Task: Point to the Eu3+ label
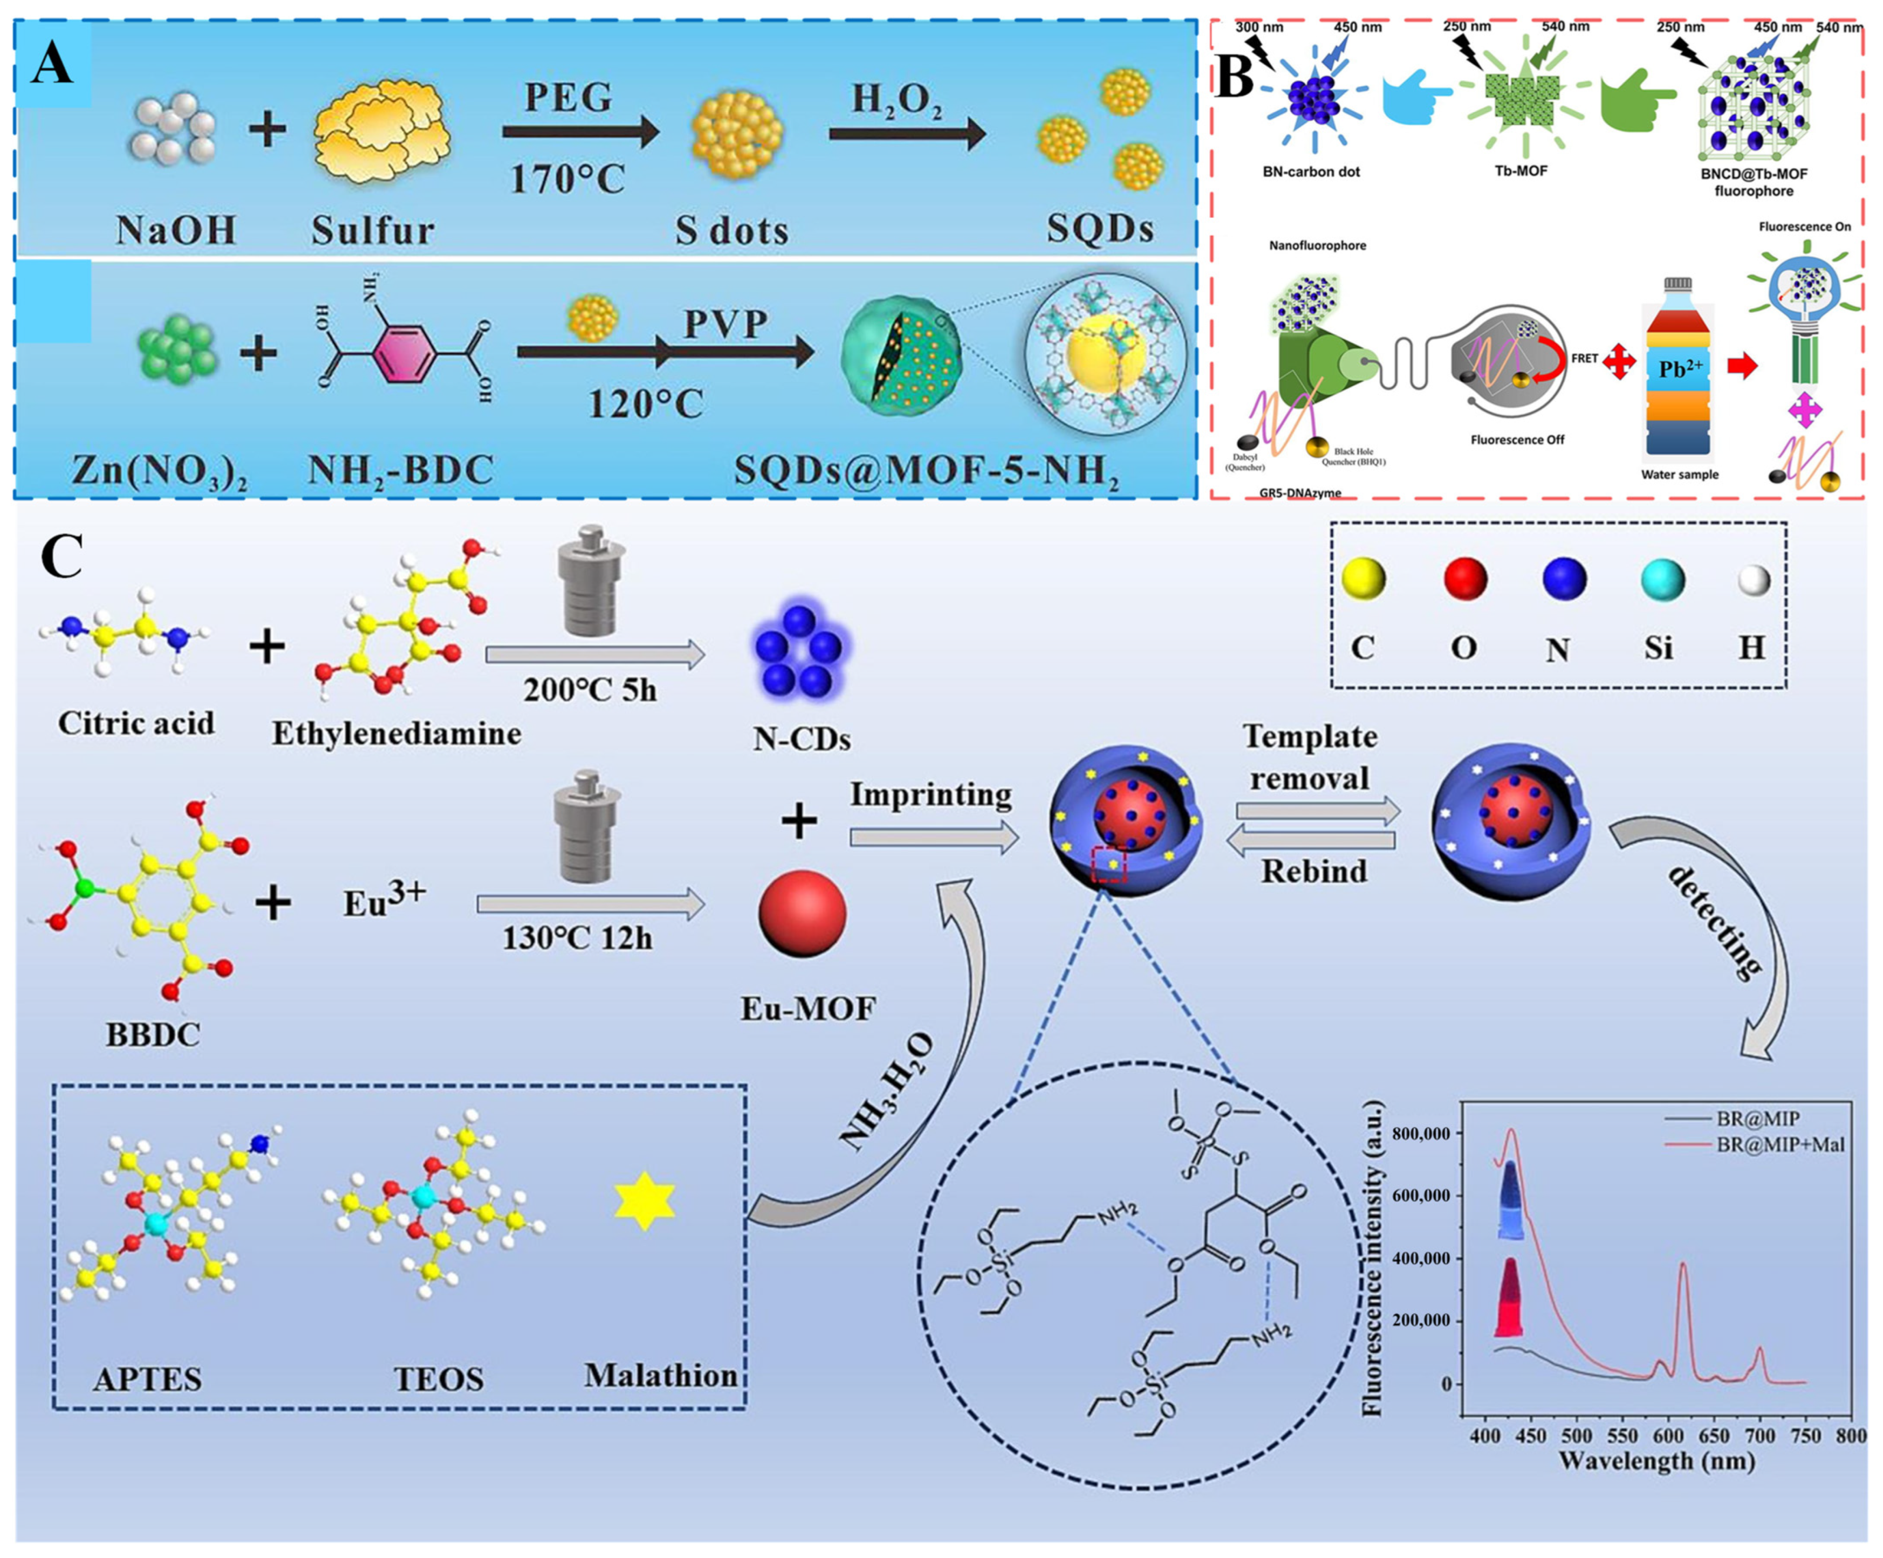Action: tap(384, 899)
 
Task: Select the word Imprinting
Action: tap(931, 794)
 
